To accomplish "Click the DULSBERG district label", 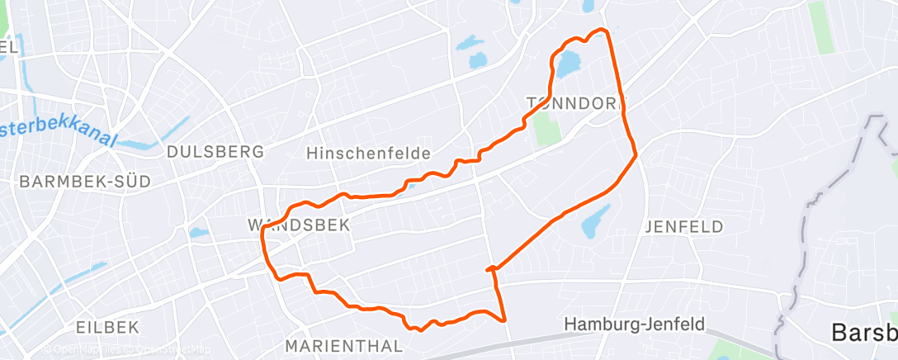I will pos(215,152).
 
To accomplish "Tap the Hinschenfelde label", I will pos(368,154).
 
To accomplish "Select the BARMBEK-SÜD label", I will pos(86,182).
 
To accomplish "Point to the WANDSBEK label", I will pos(299,225).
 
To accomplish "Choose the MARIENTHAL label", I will pos(343,344).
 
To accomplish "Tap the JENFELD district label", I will pos(683,226).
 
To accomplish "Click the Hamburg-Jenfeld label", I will pos(635,325).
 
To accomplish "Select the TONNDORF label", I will pos(576,102).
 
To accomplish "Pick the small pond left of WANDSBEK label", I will pos(199,233).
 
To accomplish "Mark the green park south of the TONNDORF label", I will pos(544,128).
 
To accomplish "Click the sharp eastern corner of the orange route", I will pos(636,154).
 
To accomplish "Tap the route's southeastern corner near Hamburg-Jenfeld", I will pos(503,319).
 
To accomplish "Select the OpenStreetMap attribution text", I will pos(169,350).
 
